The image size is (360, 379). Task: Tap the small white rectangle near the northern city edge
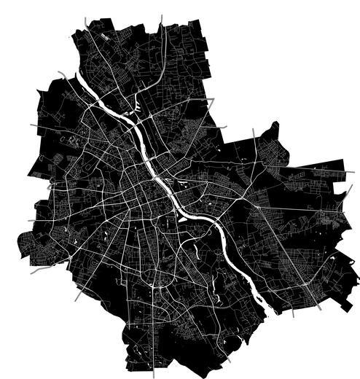[107, 35]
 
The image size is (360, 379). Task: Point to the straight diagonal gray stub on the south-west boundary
[77, 296]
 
